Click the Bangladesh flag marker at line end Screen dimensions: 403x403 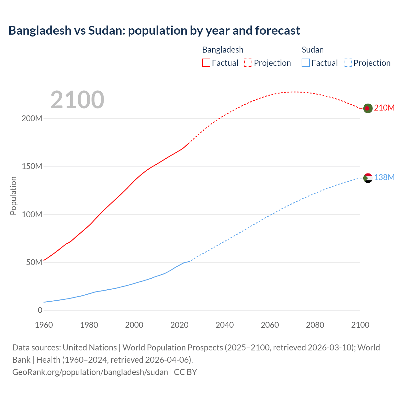coord(368,108)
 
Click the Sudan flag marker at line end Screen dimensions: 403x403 coord(368,178)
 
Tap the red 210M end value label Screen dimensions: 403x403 coord(384,108)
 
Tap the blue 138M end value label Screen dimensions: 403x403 coord(384,178)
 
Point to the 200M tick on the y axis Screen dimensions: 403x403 coord(32,119)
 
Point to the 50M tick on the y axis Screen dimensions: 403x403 coord(34,263)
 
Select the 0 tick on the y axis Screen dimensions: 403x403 coord(40,310)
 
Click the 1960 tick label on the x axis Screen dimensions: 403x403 coord(44,325)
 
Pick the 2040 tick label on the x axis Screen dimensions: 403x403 coord(224,325)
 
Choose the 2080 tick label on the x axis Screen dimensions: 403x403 coord(315,325)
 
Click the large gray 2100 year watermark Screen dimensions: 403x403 coord(77,100)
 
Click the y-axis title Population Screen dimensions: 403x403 coord(13,196)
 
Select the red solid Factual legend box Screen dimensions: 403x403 coord(206,63)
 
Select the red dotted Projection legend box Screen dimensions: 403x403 coord(248,63)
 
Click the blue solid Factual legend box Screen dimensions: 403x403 coord(306,63)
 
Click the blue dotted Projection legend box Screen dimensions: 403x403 coord(348,63)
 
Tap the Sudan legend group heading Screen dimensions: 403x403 coord(313,50)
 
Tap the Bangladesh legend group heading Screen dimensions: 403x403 coord(223,50)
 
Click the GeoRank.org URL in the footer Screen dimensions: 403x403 coord(90,372)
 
